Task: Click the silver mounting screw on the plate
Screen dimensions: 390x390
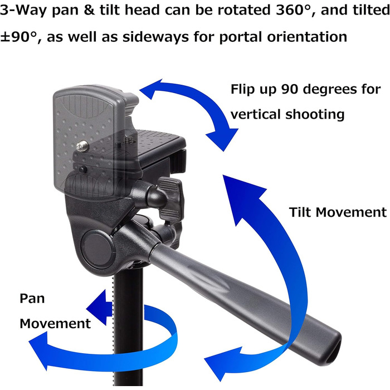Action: pos(82,146)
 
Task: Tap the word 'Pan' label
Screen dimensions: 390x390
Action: pos(32,299)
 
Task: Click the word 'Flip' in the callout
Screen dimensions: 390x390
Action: pos(242,90)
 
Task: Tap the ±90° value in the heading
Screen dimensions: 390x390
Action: pos(18,37)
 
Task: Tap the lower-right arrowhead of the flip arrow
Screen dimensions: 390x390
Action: pos(222,139)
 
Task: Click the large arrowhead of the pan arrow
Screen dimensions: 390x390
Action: pos(40,350)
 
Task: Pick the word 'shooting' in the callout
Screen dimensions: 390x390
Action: pos(315,115)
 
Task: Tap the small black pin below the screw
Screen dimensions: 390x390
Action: pos(82,169)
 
